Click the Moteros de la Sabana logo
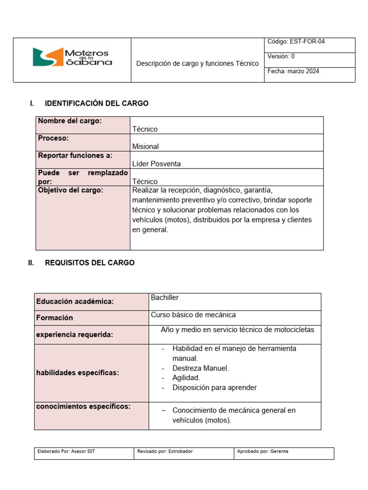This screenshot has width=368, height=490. pos(72,57)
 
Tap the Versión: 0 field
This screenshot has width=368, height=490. pos(281,56)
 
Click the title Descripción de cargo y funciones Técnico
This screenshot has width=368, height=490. pos(197,63)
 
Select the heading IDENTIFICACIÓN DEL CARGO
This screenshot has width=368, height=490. pos(96,103)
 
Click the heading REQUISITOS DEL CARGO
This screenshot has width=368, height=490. pos(90,263)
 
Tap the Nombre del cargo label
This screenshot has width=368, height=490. pos(69,121)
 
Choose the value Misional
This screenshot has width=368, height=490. pos(145,146)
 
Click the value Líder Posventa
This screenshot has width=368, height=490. pos(156,164)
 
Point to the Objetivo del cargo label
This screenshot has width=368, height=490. pos(70,190)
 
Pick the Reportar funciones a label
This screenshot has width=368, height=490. pos(75,156)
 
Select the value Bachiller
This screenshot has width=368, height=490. pos(165,298)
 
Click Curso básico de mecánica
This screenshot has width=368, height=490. pos(193,315)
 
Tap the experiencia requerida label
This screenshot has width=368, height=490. pos(74,334)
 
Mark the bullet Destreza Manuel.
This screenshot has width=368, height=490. pos(200,368)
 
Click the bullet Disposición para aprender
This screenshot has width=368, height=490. pos(214,388)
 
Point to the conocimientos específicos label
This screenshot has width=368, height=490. pos(83,406)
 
